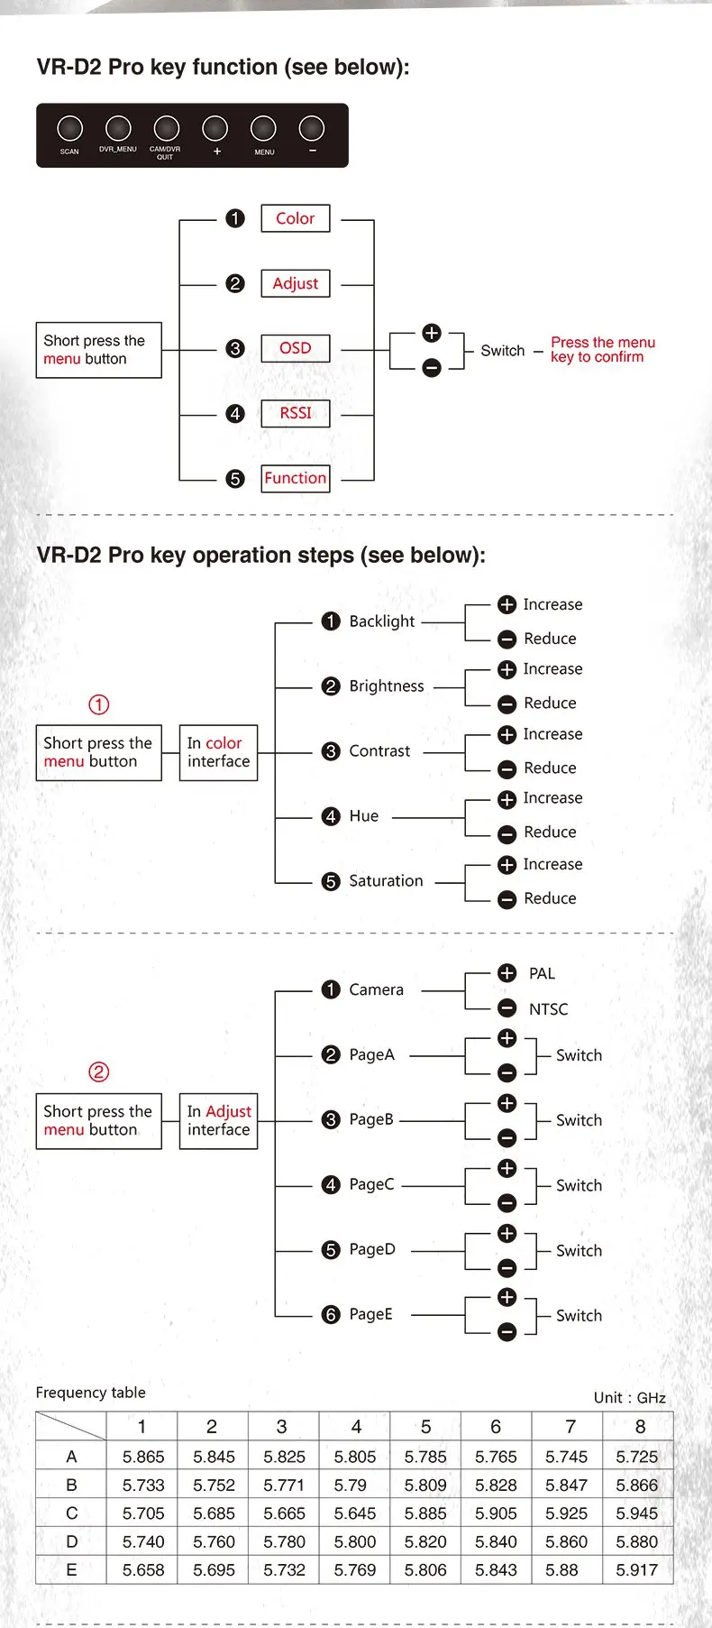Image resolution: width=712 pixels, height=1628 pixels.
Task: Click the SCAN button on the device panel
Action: pyautogui.click(x=69, y=130)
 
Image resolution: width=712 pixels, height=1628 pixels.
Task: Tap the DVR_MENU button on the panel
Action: pyautogui.click(x=118, y=129)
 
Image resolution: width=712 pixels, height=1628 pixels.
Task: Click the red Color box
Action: pyautogui.click(x=295, y=218)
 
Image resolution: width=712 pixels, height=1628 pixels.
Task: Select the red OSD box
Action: pyautogui.click(x=295, y=348)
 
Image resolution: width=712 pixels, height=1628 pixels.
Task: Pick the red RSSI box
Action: pyautogui.click(x=295, y=413)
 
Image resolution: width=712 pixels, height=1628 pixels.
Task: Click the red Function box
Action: pyautogui.click(x=295, y=478)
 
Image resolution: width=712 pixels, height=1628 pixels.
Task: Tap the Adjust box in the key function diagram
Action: pyautogui.click(x=295, y=283)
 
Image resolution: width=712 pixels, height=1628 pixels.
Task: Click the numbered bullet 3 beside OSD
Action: pyautogui.click(x=235, y=348)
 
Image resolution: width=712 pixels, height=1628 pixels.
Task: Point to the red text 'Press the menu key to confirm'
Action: pyautogui.click(x=602, y=349)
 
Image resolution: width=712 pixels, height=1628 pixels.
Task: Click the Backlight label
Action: pyautogui.click(x=381, y=621)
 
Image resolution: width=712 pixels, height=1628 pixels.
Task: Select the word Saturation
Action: pyautogui.click(x=386, y=881)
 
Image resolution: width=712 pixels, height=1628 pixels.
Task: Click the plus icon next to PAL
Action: pyautogui.click(x=507, y=973)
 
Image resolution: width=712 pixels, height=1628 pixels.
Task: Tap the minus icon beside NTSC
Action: pyautogui.click(x=507, y=1008)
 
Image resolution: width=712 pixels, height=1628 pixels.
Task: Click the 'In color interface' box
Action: pyautogui.click(x=218, y=752)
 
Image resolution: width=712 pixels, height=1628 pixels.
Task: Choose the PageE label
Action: pyautogui.click(x=370, y=1314)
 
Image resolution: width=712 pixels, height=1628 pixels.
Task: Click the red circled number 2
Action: pyautogui.click(x=99, y=1072)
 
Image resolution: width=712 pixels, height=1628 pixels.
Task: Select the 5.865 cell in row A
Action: pyautogui.click(x=143, y=1457)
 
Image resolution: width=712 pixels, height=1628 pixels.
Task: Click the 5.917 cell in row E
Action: pyautogui.click(x=637, y=1570)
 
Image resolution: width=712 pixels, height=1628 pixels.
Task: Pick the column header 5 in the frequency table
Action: pyautogui.click(x=425, y=1427)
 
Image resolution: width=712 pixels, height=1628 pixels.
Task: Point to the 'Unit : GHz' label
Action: pyautogui.click(x=629, y=1398)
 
